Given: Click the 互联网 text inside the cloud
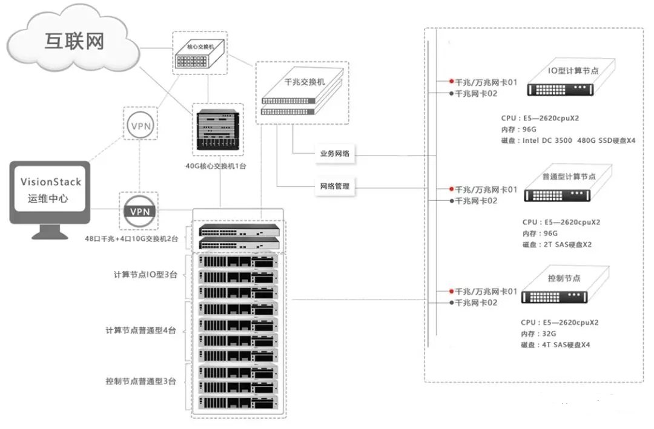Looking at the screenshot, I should tap(74, 41).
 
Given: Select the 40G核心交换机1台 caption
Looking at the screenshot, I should tap(217, 164).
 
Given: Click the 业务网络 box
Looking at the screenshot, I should tap(335, 154).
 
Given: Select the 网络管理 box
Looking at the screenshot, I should tap(335, 186).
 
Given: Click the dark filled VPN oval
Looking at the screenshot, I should tap(140, 211).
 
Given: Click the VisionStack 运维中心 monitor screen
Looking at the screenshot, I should tap(50, 189).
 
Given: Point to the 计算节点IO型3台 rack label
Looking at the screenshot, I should tap(145, 274).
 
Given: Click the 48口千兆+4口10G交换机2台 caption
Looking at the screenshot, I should tap(131, 239).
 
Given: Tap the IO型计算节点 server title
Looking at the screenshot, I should tap(573, 71).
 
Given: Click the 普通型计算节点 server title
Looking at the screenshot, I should tap(569, 176).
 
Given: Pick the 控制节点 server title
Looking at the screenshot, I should tap(564, 278).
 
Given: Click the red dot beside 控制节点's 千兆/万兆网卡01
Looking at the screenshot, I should tap(451, 291).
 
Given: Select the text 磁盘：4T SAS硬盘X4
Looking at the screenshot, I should tap(555, 345).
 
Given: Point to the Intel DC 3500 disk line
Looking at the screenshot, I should tap(569, 140).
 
